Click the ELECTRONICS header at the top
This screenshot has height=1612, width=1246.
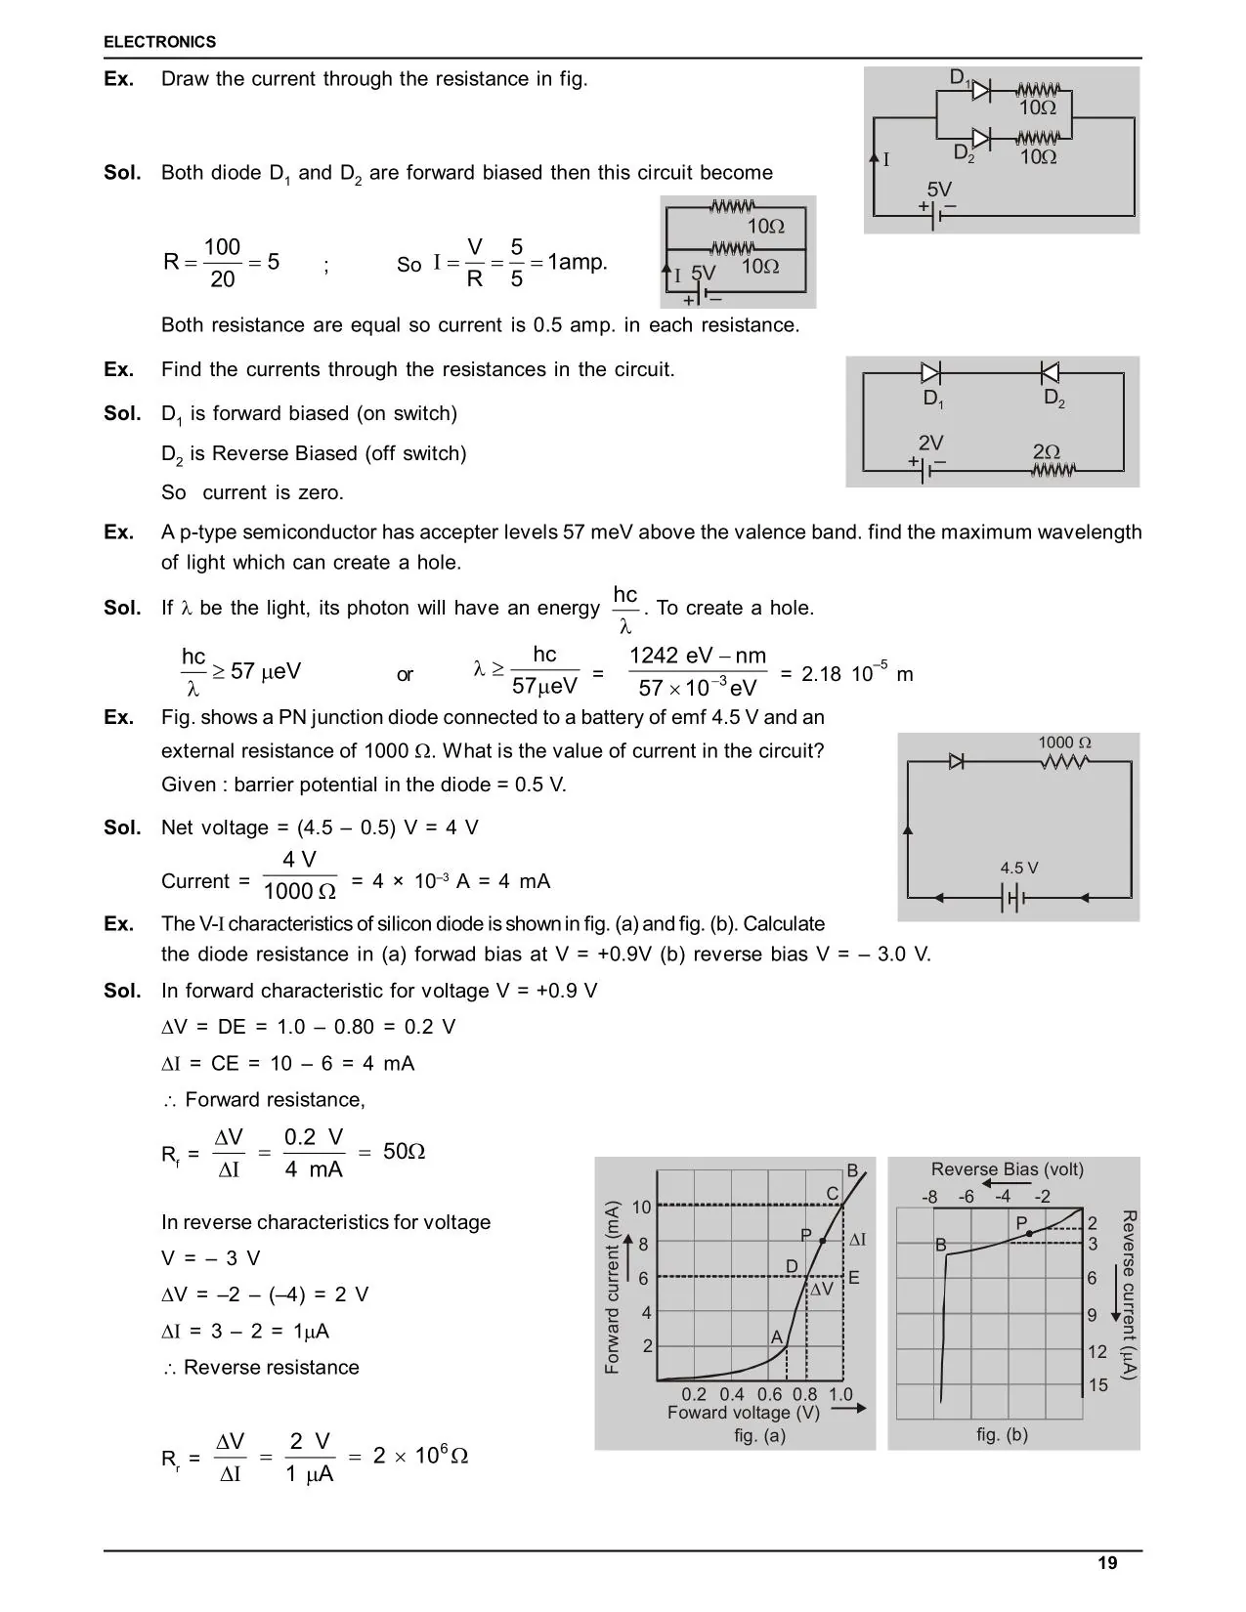point(159,42)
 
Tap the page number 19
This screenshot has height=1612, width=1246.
point(1107,1563)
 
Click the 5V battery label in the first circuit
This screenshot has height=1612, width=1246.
point(938,190)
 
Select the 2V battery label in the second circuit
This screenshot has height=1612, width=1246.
point(930,443)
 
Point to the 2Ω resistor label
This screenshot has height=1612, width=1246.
point(1047,452)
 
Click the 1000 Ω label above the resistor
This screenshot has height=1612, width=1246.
point(1064,742)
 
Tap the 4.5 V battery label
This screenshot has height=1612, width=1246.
point(1018,868)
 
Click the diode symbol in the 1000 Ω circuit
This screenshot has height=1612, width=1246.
point(957,761)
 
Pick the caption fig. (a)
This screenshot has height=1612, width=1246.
point(759,1435)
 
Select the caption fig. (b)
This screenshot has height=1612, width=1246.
point(1002,1434)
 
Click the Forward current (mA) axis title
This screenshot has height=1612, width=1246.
point(613,1287)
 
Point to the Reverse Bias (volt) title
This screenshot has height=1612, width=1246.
point(1007,1169)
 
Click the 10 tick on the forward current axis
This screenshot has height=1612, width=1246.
point(641,1208)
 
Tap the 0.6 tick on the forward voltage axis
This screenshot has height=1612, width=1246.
point(769,1394)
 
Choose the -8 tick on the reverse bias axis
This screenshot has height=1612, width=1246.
point(929,1197)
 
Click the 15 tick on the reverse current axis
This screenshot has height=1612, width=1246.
point(1098,1385)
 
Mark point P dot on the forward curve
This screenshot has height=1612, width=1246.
point(824,1241)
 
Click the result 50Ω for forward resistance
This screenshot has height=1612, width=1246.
point(404,1152)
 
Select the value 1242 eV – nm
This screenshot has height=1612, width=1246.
point(698,656)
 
